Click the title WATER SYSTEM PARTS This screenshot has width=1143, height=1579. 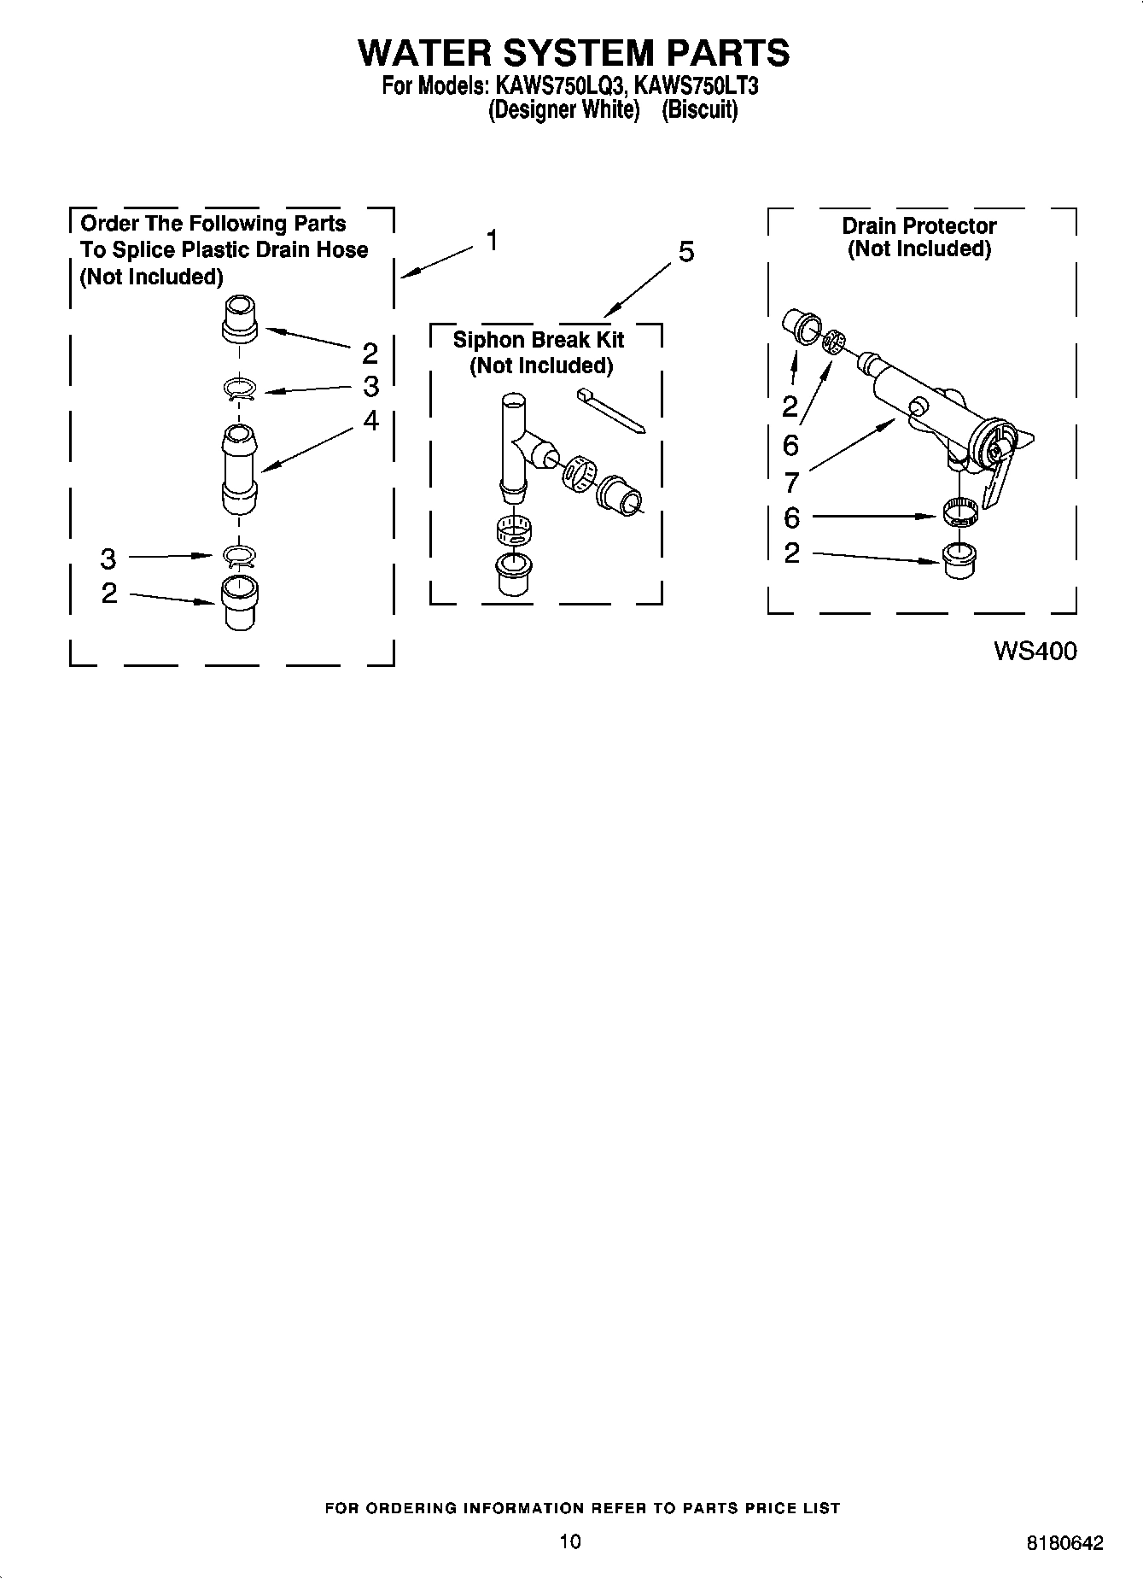tap(573, 53)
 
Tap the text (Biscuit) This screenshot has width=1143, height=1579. tap(700, 110)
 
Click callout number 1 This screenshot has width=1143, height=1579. tap(492, 241)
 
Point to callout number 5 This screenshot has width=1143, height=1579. tap(686, 252)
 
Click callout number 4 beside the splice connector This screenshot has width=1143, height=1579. tap(370, 420)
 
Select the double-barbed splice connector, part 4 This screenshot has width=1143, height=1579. tap(240, 470)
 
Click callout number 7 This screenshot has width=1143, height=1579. tap(791, 482)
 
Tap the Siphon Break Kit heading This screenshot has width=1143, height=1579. tap(539, 340)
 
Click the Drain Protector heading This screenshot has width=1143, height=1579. tap(919, 226)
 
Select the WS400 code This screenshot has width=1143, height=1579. tap(1035, 652)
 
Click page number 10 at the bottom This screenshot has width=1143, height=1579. tap(570, 1541)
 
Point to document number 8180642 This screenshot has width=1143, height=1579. tap(1064, 1543)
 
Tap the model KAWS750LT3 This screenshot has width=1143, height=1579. tap(697, 86)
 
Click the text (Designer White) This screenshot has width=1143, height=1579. tap(563, 110)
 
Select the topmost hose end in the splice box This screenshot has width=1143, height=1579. tap(240, 319)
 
